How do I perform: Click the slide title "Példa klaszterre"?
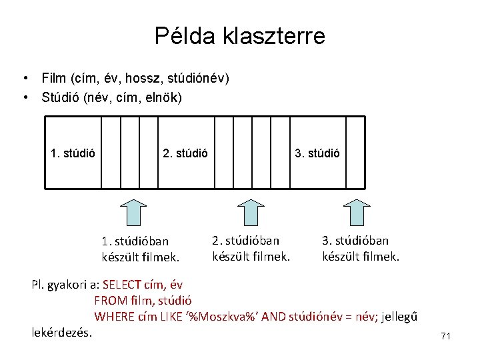[239, 35]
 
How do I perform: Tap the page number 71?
[446, 337]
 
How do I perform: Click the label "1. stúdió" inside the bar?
[73, 153]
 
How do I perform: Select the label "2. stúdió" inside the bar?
[185, 153]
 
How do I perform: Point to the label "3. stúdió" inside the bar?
[317, 153]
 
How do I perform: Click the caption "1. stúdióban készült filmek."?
[141, 247]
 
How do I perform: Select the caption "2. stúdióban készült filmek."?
[251, 246]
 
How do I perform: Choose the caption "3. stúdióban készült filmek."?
[361, 247]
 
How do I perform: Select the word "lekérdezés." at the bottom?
[62, 331]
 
